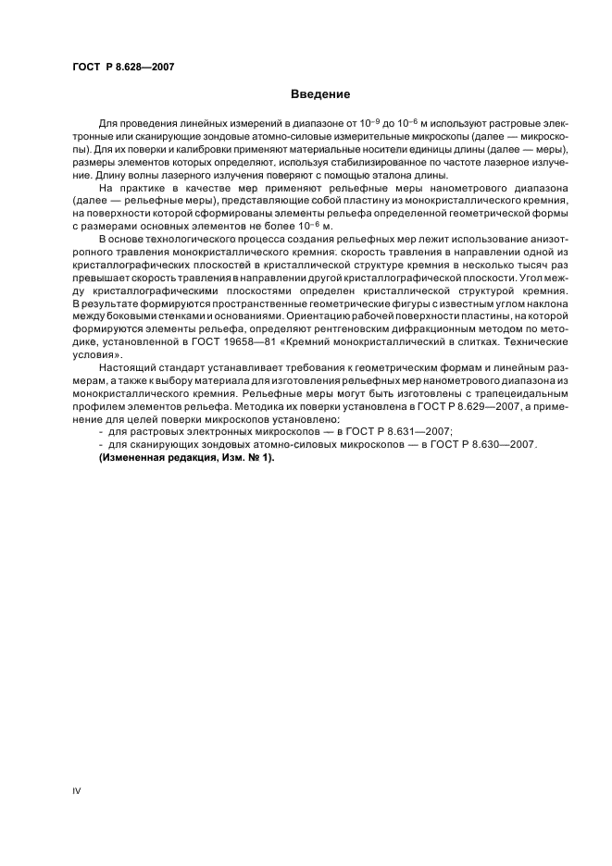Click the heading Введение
click(319, 94)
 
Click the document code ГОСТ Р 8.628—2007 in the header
click(123, 67)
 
